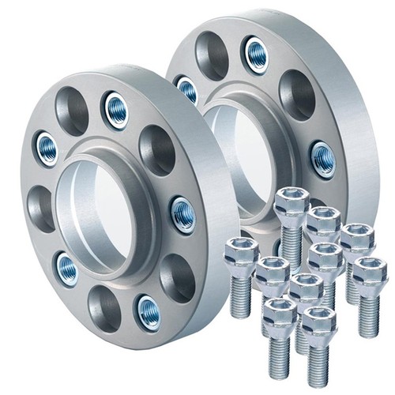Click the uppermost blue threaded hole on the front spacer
coord(116,107)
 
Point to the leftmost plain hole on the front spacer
coord(39,208)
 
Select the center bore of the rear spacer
coord(237,158)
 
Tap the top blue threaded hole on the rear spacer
coord(256,53)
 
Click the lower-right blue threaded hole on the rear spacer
coord(323,159)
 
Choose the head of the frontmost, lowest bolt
coord(318,322)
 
